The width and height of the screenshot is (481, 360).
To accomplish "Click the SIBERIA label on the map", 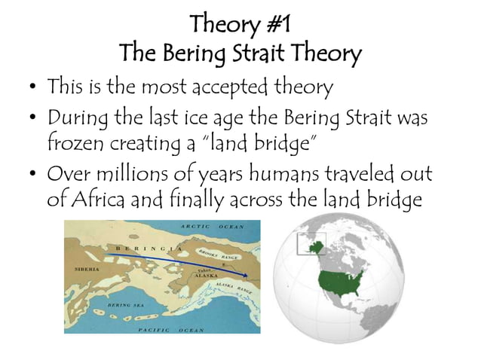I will (84, 267).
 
